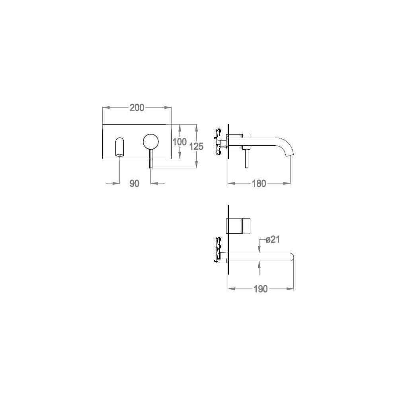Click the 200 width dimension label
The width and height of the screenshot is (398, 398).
coord(137,107)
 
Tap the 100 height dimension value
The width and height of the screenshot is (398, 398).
coord(179,142)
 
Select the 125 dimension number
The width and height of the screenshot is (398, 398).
coord(197,146)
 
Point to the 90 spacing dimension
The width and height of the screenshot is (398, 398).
coord(134,183)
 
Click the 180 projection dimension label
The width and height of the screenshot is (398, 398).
coord(259,183)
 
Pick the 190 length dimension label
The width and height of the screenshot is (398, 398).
coord(261,289)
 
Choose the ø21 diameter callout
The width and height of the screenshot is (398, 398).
coord(273,239)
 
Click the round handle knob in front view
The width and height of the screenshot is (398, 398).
coord(151,141)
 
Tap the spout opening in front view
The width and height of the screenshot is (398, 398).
coord(120,155)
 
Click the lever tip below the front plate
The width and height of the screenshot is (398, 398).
coord(151,167)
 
